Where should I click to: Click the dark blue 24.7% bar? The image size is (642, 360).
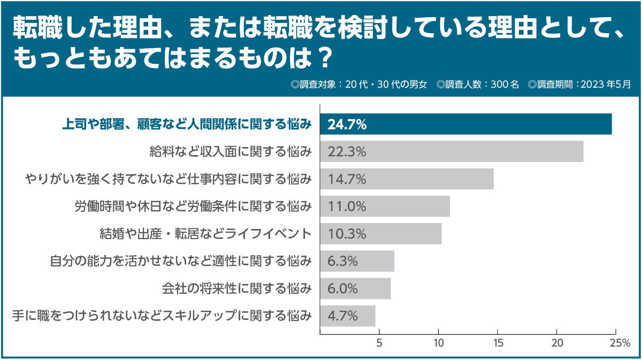[x=465, y=124]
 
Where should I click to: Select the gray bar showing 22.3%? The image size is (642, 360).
[x=452, y=151]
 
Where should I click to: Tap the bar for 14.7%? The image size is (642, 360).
[x=407, y=179]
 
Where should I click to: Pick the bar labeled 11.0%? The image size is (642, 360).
[x=385, y=206]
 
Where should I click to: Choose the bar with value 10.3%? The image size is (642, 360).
[x=380, y=234]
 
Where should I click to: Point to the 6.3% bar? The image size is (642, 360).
[x=357, y=261]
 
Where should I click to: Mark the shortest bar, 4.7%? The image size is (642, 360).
[x=347, y=316]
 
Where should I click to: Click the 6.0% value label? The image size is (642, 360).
[x=342, y=288]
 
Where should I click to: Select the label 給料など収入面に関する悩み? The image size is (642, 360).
[x=231, y=152]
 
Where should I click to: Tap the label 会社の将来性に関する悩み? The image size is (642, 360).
[x=236, y=288]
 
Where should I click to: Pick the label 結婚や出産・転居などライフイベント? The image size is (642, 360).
[x=205, y=234]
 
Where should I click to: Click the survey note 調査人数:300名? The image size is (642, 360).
[x=478, y=84]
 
